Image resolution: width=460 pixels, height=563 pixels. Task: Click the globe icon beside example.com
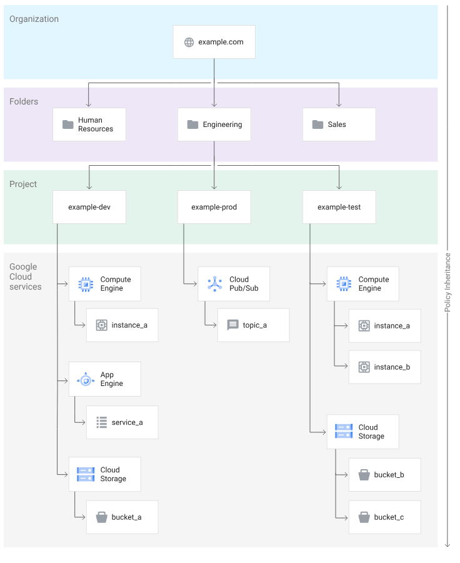[x=189, y=43]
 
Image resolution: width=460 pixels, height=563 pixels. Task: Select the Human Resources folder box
[x=89, y=124]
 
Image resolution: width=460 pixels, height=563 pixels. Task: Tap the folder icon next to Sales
[x=317, y=124]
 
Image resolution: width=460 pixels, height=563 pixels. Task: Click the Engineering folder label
[x=222, y=124]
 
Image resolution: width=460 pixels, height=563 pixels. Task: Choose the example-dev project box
[x=89, y=207]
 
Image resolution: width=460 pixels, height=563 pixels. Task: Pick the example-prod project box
[x=214, y=207]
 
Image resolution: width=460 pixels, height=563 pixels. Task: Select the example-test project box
[x=339, y=207]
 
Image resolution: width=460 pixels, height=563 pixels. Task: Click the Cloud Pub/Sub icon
[x=214, y=283]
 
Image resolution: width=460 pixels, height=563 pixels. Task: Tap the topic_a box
[x=253, y=325]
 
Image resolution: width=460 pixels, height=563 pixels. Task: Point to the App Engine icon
[x=86, y=380]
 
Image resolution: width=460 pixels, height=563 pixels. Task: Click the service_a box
[x=122, y=422]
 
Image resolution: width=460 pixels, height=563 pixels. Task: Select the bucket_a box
[x=122, y=517]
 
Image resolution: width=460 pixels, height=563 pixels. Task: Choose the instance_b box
[x=384, y=367]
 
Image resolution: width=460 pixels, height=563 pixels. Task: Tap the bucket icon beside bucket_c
[x=364, y=517]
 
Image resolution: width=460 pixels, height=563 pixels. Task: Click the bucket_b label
[x=389, y=475]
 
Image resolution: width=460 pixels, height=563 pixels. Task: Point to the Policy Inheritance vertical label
[x=447, y=283]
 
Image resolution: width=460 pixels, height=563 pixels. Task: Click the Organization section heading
[x=34, y=19]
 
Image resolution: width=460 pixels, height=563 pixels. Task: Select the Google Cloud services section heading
[x=26, y=276]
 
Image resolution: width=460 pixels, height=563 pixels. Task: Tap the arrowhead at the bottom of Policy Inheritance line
[x=447, y=545]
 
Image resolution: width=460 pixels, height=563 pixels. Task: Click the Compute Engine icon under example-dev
[x=86, y=284]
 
